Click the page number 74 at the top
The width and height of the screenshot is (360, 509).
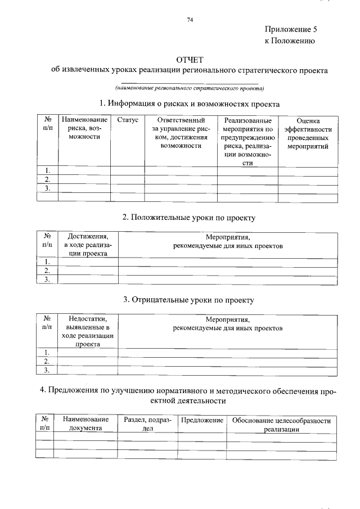(190, 20)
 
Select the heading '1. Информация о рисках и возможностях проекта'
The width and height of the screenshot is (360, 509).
(189, 104)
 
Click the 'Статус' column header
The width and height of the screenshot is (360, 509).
(128, 121)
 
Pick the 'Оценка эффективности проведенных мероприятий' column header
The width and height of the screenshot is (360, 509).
(308, 133)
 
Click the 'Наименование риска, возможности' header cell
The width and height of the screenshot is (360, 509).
(84, 129)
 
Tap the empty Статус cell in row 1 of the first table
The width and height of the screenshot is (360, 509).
(128, 171)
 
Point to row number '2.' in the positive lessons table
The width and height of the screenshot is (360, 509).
(48, 271)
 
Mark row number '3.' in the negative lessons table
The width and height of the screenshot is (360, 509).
(48, 370)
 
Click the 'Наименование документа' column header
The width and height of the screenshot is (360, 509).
(85, 424)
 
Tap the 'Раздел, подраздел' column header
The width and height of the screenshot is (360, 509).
(147, 424)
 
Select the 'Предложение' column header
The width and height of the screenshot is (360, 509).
(202, 421)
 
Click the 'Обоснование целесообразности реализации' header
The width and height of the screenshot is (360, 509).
(282, 424)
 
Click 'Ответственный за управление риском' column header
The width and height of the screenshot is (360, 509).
(181, 133)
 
